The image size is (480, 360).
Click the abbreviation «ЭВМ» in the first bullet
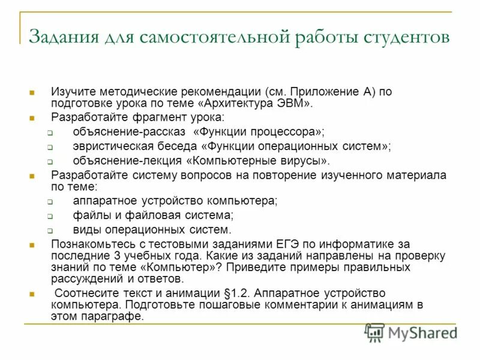292,103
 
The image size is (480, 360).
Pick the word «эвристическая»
107,146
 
